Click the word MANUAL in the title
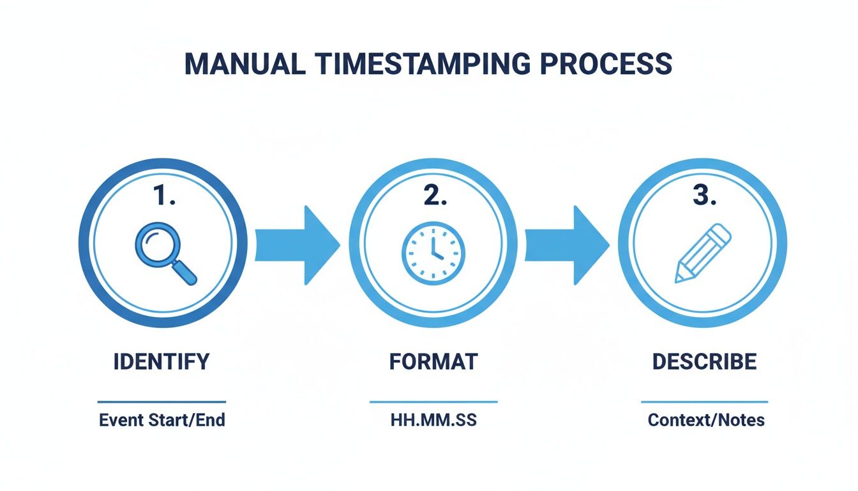click(x=242, y=65)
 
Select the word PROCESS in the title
click(x=606, y=65)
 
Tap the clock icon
click(x=433, y=254)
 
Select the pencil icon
click(x=702, y=253)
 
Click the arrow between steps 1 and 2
click(x=297, y=245)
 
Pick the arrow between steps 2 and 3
click(x=567, y=245)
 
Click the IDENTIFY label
click(x=162, y=362)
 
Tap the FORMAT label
click(x=433, y=362)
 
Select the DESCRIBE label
click(x=704, y=362)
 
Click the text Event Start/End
click(x=162, y=421)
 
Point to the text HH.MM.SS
click(x=433, y=421)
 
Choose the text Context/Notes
click(x=706, y=421)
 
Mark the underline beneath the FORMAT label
click(x=433, y=402)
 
